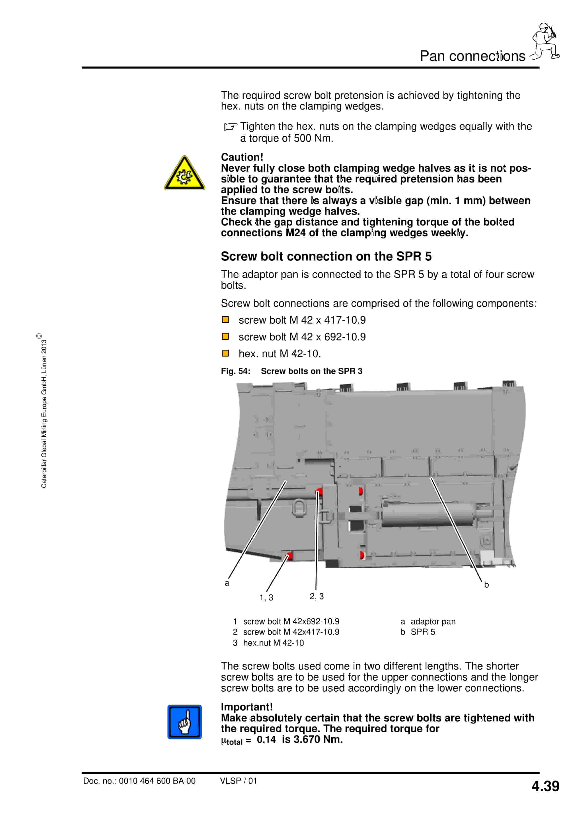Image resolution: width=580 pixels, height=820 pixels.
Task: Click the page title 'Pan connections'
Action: click(472, 56)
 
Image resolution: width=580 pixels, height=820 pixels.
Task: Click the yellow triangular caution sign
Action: click(184, 174)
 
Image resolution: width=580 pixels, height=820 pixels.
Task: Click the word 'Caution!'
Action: click(242, 157)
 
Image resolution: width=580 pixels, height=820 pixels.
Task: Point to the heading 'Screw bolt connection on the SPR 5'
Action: click(326, 256)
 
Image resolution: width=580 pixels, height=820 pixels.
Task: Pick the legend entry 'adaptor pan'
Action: click(433, 621)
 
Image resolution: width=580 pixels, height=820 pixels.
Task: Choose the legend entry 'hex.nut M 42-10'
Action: click(273, 643)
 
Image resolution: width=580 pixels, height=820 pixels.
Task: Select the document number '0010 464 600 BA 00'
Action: click(157, 781)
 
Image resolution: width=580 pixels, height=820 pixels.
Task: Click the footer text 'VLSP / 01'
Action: click(238, 781)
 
